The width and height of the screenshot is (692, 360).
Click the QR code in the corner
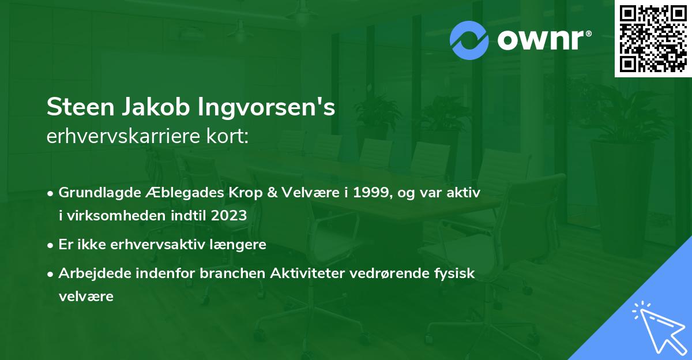click(x=653, y=39)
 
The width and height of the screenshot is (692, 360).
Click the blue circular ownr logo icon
click(x=469, y=40)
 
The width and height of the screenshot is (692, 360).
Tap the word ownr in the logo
click(x=543, y=40)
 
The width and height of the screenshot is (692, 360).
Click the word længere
click(x=240, y=244)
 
